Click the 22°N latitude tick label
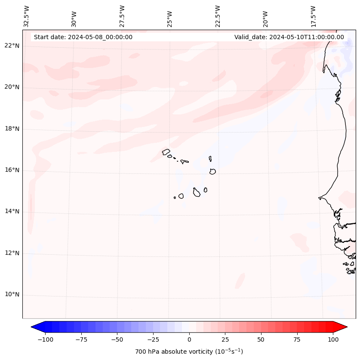(12, 46)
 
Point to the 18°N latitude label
(12, 129)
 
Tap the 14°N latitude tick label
(12, 211)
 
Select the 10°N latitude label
(12, 294)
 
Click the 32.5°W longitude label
(27, 16)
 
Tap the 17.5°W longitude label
(313, 16)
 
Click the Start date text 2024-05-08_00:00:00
(83, 37)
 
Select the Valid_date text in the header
(289, 37)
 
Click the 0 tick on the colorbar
(189, 339)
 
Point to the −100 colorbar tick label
(45, 339)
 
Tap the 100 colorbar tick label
(333, 339)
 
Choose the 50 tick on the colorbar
(261, 339)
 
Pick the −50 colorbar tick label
(117, 339)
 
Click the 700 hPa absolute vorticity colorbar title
(189, 352)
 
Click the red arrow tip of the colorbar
(345, 327)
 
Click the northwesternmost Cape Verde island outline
(166, 151)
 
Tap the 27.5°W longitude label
(122, 16)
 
